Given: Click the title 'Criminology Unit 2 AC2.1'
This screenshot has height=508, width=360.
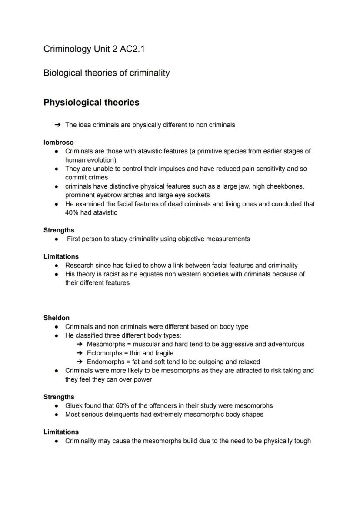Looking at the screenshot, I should point(94,49).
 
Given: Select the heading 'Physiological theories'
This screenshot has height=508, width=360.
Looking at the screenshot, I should point(91,103).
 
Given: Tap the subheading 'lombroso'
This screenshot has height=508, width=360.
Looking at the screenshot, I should point(58,143).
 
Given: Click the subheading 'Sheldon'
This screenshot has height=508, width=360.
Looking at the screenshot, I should point(56,318).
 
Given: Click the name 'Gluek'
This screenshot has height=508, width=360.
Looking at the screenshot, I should point(74,406).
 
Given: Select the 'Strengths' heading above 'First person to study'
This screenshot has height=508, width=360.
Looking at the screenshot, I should point(59,230).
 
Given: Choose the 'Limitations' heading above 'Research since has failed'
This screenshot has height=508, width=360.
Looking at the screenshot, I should point(61,257).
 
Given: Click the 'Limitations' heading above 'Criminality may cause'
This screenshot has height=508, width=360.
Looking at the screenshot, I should point(61,432).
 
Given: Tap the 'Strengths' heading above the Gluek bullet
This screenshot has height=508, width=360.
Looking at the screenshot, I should point(59,397).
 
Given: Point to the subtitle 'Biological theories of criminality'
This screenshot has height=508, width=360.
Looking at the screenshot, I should point(107,73).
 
